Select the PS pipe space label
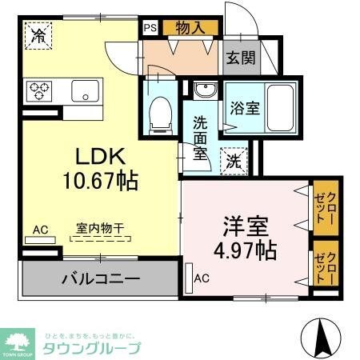click(150, 27)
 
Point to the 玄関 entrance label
click(239, 58)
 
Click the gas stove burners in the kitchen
click(38, 90)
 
